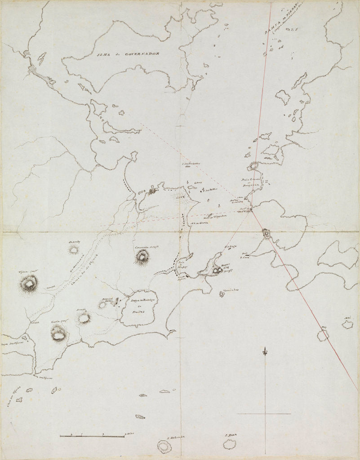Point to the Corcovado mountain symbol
click(142, 257)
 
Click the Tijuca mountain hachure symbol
click(29, 284)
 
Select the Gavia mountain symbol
click(58, 333)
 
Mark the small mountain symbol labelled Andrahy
click(73, 250)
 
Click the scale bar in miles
click(92, 435)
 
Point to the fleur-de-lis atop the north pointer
click(265, 350)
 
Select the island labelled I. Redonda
click(164, 446)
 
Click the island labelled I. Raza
click(230, 444)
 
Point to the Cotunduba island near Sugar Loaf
click(222, 294)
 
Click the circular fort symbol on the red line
click(266, 234)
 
